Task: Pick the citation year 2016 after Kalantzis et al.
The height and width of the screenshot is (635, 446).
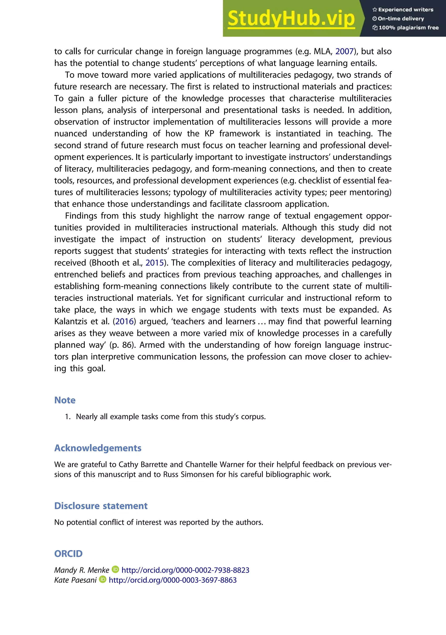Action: pyautogui.click(x=124, y=321)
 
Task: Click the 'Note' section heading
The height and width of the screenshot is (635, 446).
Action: pyautogui.click(x=65, y=400)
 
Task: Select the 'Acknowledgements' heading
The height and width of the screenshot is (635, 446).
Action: pyautogui.click(x=98, y=448)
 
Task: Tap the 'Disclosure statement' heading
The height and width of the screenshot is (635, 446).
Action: pyautogui.click(x=101, y=506)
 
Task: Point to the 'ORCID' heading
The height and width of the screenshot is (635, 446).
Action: pyautogui.click(x=68, y=554)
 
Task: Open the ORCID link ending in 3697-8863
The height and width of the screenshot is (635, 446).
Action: pyautogui.click(x=172, y=580)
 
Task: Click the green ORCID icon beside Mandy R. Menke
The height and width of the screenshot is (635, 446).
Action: pyautogui.click(x=115, y=570)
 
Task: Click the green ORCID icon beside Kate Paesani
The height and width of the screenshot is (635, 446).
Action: pyautogui.click(x=103, y=579)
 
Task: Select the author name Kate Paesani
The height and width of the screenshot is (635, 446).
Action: pyautogui.click(x=75, y=580)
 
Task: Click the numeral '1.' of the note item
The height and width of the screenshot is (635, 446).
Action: pyautogui.click(x=68, y=417)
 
